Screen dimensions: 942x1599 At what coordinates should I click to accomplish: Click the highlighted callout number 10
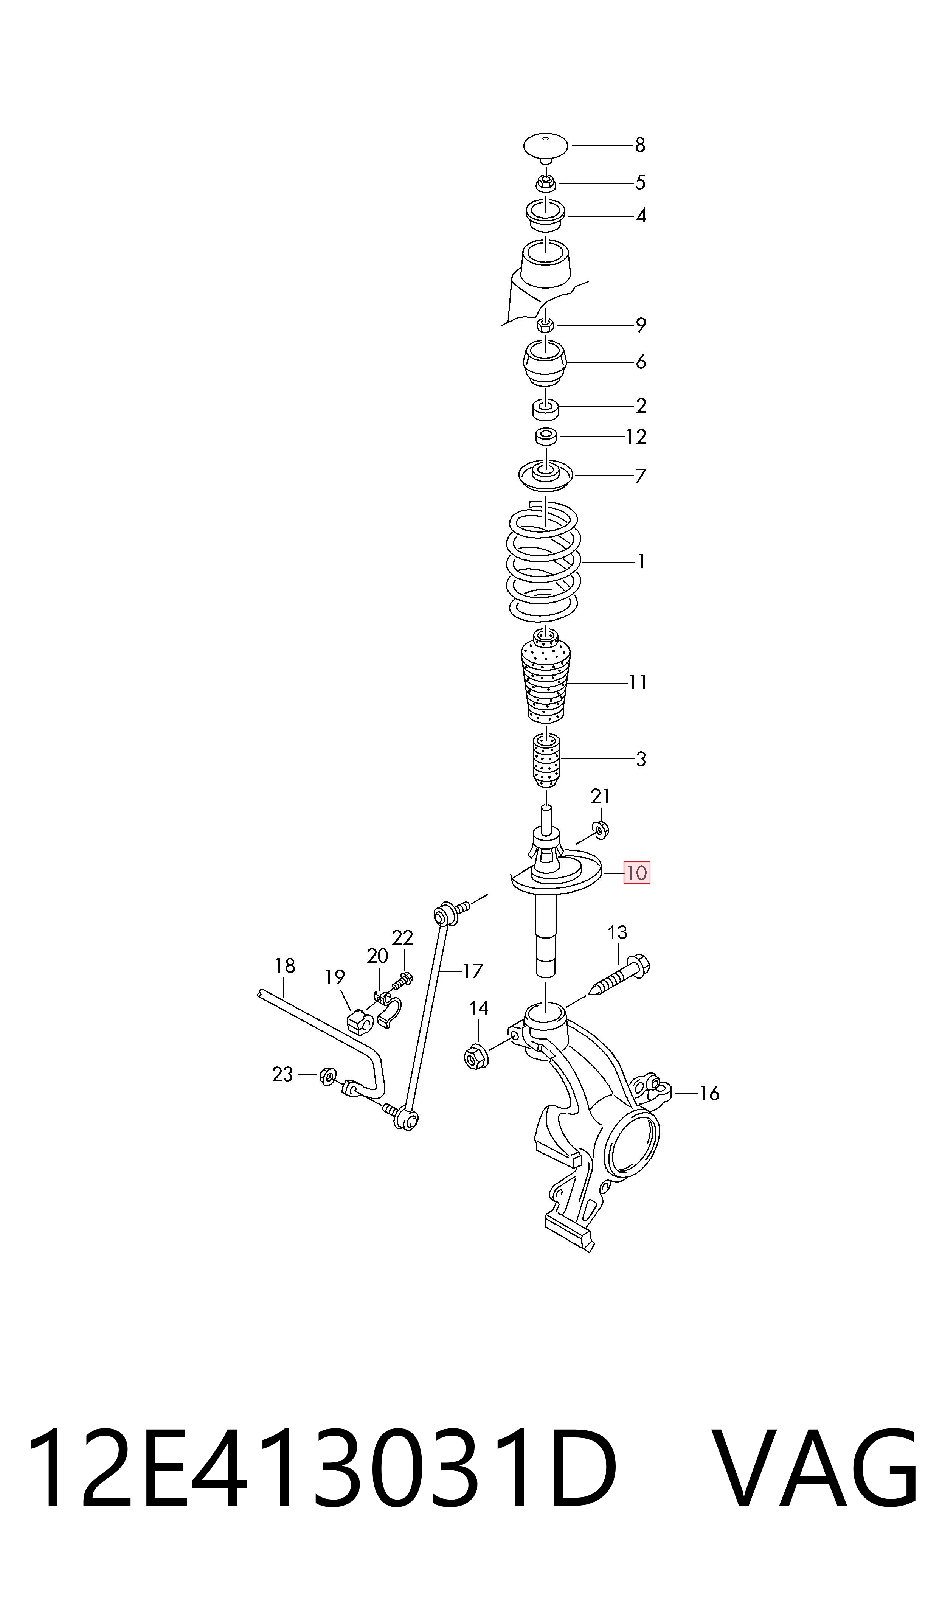pyautogui.click(x=637, y=873)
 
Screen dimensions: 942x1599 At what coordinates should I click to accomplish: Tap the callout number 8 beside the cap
pyautogui.click(x=640, y=145)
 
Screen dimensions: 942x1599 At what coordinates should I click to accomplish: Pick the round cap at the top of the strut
pyautogui.click(x=545, y=147)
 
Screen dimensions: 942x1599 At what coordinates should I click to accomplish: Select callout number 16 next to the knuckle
pyautogui.click(x=709, y=1093)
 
